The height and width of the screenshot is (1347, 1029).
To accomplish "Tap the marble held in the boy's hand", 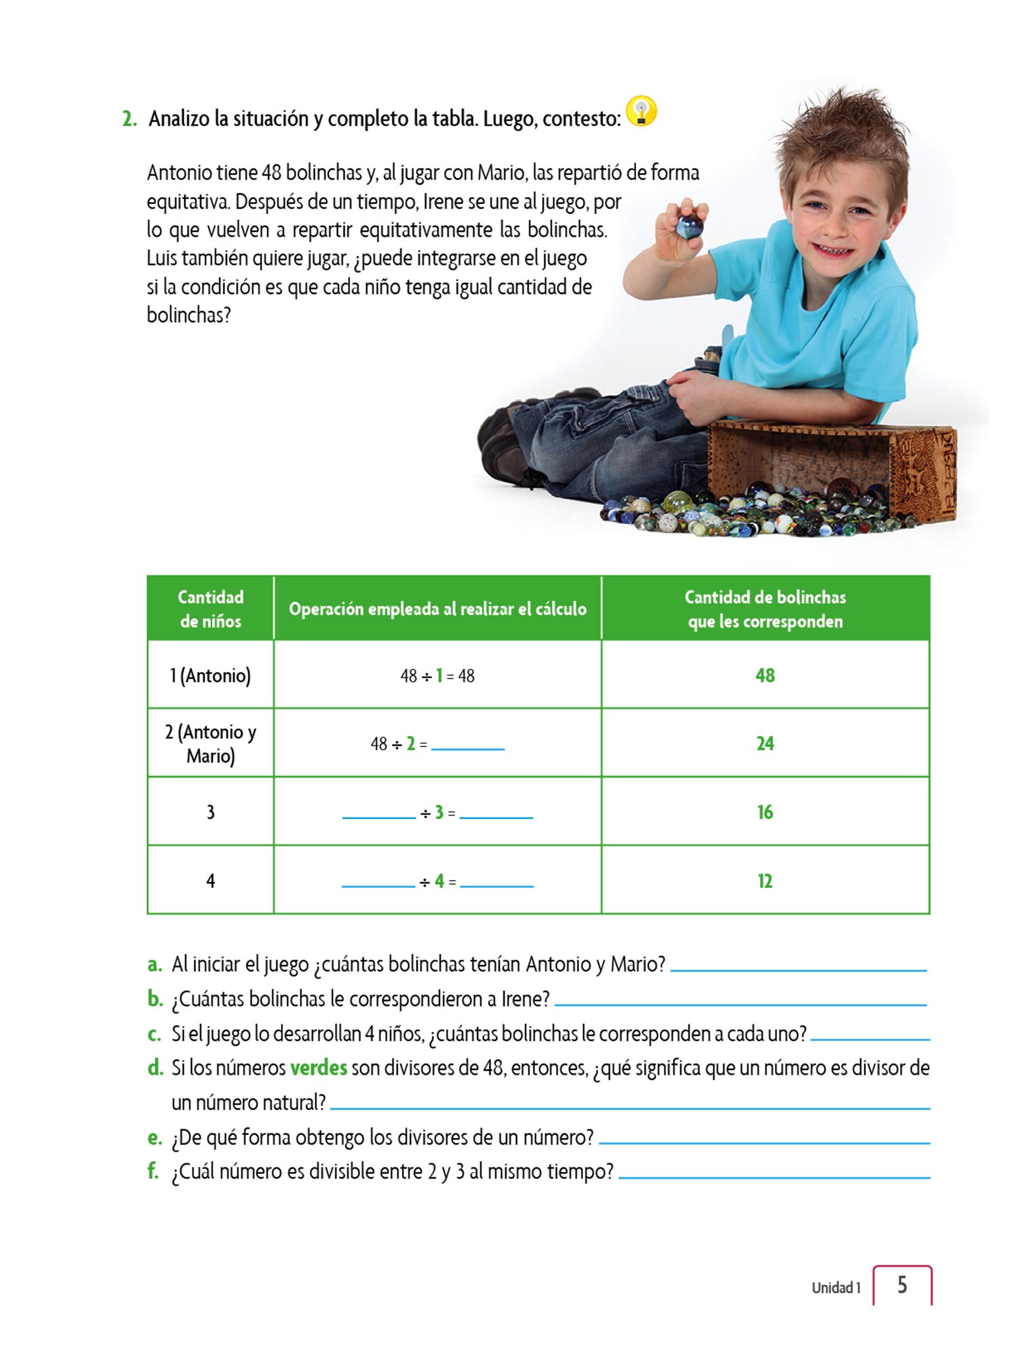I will click(689, 228).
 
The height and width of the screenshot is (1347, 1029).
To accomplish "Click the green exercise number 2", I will click(130, 119).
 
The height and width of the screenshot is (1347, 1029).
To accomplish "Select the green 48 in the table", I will click(765, 675).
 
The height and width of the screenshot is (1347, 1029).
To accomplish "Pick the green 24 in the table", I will click(765, 744).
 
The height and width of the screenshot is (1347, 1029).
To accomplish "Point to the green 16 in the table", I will click(765, 812).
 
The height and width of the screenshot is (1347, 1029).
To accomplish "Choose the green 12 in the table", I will click(765, 881).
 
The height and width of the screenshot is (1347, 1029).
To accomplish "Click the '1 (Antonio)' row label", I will click(211, 675).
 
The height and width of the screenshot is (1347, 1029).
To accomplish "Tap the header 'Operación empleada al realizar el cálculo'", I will click(438, 609).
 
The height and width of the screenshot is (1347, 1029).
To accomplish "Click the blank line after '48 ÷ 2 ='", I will click(467, 745).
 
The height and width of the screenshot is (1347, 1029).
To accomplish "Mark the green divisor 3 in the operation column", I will click(439, 813).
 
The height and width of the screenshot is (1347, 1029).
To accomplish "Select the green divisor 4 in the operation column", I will click(439, 881).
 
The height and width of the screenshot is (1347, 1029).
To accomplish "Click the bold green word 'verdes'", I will click(318, 1067).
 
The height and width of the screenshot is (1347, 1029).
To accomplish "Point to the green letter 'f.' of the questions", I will click(153, 1171).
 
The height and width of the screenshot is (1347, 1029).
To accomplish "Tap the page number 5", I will click(902, 1285).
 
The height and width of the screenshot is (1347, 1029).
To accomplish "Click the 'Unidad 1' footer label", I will click(836, 1288).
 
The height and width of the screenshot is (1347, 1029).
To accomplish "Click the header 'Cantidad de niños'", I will click(211, 609).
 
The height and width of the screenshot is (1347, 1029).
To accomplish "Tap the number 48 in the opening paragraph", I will click(271, 173).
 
